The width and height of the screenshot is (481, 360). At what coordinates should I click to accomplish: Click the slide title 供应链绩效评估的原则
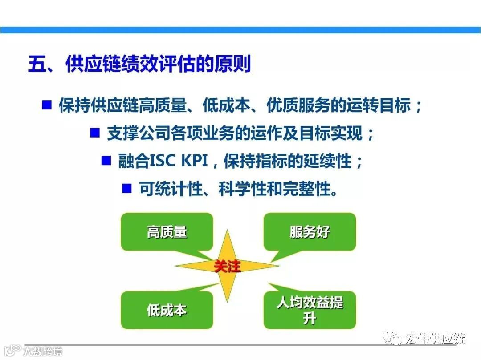158,64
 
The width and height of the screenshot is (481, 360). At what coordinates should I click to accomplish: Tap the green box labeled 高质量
167,232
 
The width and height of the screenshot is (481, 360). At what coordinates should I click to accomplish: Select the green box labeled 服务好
310,232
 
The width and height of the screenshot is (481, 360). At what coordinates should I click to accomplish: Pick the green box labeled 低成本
167,310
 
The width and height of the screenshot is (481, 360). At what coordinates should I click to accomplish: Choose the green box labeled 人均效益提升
310,310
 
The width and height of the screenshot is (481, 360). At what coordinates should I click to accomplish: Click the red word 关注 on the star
227,266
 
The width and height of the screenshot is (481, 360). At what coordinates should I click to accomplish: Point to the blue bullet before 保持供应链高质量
47,105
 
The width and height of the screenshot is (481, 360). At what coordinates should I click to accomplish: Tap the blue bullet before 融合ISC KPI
106,160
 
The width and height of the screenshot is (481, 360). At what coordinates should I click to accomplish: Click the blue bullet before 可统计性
126,188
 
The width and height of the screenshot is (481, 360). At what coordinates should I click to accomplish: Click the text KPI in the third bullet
195,161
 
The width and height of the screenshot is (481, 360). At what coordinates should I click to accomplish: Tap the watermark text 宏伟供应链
435,339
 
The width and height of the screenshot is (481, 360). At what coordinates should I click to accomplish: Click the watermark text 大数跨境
43,351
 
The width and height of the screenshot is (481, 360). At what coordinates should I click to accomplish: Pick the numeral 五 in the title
37,64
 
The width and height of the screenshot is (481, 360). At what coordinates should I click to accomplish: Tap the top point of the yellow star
227,230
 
